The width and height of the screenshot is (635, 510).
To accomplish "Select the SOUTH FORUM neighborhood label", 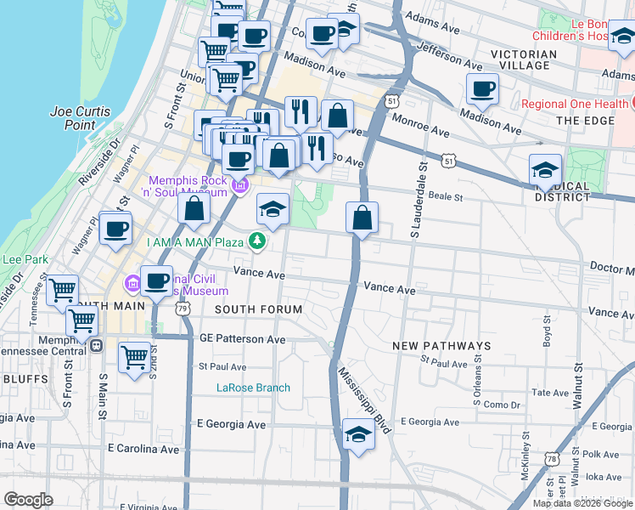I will (x=258, y=309).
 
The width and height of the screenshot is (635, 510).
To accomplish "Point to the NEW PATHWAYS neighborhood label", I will (x=441, y=346).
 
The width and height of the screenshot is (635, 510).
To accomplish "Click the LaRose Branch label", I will (x=253, y=388).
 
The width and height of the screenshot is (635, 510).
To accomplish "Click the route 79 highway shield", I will (x=184, y=309).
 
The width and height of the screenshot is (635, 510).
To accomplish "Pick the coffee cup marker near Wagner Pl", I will (x=115, y=228).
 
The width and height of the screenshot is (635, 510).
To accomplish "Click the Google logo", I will (x=28, y=500).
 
